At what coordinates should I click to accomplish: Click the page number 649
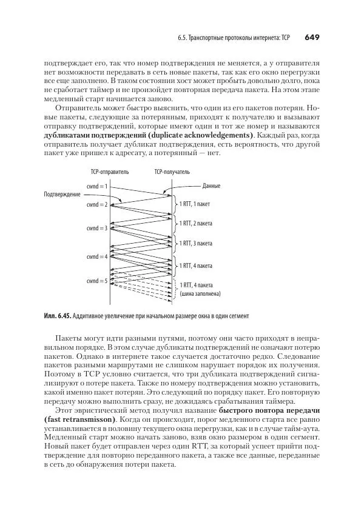(312, 38)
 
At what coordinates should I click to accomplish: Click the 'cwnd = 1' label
(97, 186)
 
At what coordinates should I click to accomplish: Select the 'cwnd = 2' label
(97, 205)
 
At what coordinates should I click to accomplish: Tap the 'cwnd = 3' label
(97, 229)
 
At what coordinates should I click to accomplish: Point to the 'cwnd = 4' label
(97, 256)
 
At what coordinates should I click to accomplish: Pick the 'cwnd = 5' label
(97, 281)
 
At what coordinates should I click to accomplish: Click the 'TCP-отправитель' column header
(100, 172)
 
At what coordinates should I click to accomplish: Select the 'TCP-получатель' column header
(172, 172)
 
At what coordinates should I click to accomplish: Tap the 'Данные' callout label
(211, 185)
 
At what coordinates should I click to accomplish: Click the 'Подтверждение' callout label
(63, 194)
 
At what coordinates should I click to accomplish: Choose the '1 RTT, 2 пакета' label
(196, 224)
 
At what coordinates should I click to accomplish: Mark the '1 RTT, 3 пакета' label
(196, 244)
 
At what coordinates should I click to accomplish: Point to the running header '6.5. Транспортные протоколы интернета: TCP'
(234, 38)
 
